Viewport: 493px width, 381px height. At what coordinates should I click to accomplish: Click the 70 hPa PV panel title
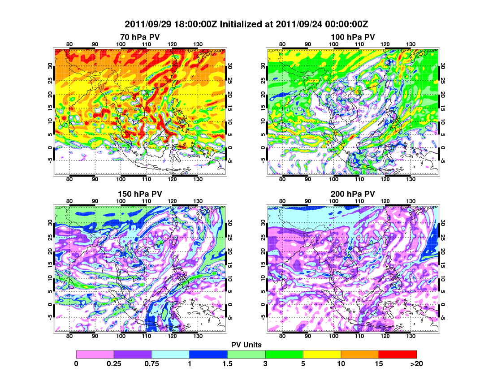[140, 36]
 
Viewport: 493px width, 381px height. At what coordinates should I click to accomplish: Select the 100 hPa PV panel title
[353, 36]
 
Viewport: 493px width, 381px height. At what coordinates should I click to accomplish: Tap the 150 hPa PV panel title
[140, 194]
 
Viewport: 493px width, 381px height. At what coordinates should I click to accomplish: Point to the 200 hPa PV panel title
[353, 194]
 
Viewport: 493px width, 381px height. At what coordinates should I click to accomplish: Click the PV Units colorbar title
[246, 345]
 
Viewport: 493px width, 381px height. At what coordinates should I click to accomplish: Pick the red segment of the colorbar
[398, 354]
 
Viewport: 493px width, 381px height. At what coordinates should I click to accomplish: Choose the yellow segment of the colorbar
[322, 354]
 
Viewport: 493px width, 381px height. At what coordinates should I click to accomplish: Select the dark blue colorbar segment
[208, 354]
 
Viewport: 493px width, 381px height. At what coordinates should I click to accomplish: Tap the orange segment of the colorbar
[360, 354]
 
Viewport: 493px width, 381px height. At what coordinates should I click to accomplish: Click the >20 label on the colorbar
[416, 364]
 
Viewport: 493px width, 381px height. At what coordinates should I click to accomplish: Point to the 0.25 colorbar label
[114, 364]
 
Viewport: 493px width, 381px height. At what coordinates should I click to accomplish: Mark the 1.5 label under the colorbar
[228, 364]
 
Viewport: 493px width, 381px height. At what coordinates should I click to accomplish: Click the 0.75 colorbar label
[152, 364]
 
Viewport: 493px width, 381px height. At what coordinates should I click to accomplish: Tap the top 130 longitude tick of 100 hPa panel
[410, 44]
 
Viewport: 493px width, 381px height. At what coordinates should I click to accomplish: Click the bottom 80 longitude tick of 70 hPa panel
[69, 179]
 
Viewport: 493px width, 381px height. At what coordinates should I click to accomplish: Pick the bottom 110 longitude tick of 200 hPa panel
[359, 336]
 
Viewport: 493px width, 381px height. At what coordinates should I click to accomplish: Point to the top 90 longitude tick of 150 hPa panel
[95, 201]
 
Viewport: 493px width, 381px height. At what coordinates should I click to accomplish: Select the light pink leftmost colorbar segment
[95, 354]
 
